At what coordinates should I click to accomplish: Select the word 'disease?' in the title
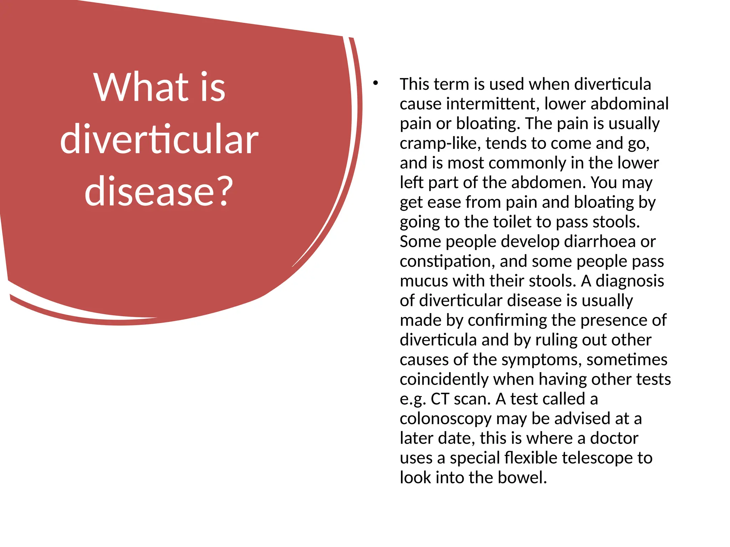[159, 191]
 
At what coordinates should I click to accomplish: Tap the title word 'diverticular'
[159, 140]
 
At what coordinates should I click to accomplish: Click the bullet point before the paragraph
[375, 84]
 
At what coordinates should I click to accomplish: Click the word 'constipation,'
[447, 261]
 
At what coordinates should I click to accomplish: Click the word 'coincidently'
[444, 379]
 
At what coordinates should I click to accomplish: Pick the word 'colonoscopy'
[445, 419]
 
